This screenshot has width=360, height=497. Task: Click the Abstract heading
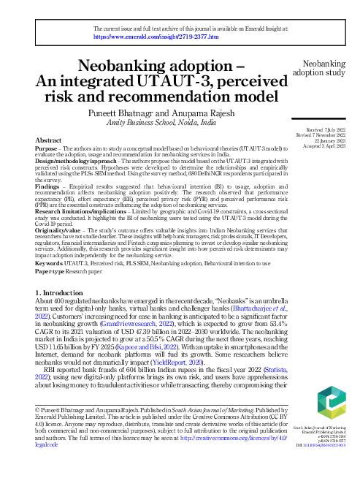pyautogui.click(x=48, y=140)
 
